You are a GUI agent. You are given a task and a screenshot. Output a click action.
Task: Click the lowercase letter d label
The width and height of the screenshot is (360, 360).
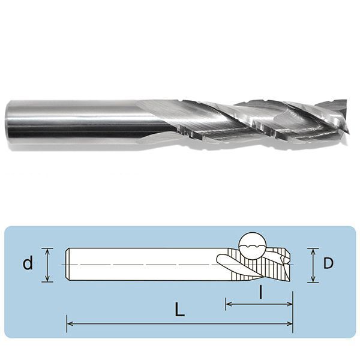pos(28,263)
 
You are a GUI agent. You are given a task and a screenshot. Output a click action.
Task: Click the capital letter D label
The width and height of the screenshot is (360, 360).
pos(328,263)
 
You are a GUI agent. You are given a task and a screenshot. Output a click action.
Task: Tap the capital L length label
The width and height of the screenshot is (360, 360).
pos(179,310)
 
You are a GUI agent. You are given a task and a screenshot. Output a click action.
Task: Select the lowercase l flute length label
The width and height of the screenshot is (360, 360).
pos(260,292)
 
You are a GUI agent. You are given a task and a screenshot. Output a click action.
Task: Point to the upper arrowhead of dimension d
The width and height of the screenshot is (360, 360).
pos(47,251)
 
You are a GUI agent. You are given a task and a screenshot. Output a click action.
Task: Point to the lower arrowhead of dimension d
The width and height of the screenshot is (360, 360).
pos(47,278)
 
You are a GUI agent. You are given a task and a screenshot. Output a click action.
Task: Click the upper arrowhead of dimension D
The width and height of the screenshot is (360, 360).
pos(313,251)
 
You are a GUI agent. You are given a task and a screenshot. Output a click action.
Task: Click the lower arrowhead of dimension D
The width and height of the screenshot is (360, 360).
pos(313,279)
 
